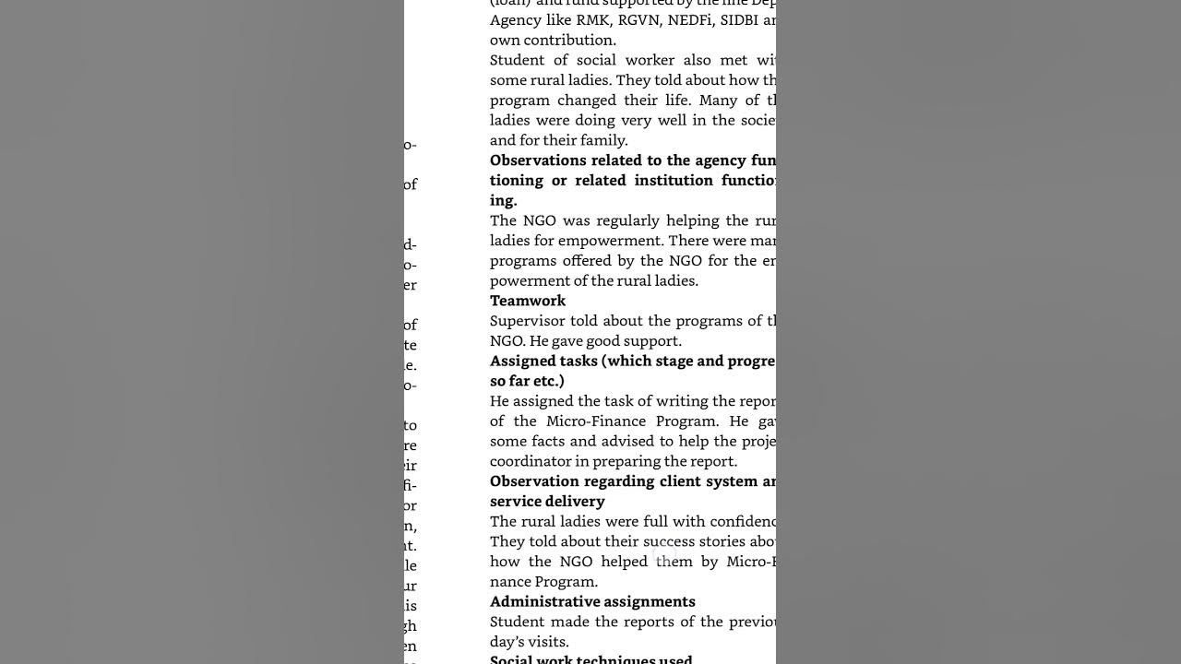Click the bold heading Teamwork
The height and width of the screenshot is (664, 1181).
click(528, 301)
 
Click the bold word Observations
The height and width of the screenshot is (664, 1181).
click(538, 160)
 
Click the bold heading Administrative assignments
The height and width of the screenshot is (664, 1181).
click(592, 601)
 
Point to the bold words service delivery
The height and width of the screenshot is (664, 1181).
click(547, 502)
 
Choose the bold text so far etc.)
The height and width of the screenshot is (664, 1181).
click(527, 381)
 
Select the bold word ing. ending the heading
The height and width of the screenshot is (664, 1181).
click(504, 201)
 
